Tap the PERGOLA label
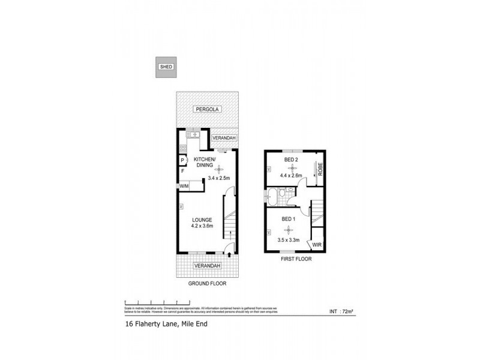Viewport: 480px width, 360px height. pos(208,109)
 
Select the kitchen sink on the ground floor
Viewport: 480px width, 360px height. pos(193,135)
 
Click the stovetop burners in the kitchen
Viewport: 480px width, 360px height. pos(183,148)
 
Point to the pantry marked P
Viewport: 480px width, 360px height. pos(182,160)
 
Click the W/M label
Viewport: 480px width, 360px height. pos(183,187)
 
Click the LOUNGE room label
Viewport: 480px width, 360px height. pos(202,220)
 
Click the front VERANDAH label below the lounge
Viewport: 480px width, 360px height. pos(207,266)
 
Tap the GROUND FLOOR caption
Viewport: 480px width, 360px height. pos(206,283)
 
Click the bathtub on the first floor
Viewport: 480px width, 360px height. pos(274,194)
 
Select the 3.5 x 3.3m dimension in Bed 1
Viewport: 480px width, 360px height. pos(289,239)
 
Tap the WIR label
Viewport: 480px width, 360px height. pos(317,245)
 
